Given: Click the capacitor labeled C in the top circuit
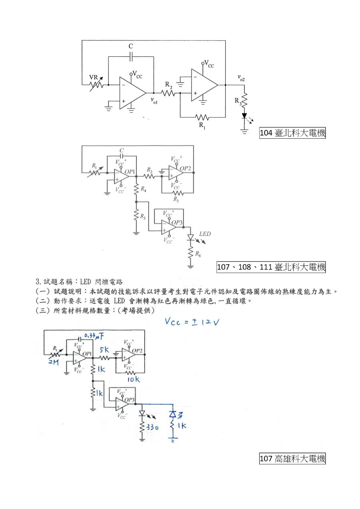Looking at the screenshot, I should point(131,57).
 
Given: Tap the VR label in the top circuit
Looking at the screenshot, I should point(93,77).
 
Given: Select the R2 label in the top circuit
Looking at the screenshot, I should point(169,85).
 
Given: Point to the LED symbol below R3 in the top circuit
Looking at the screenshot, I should point(244,116).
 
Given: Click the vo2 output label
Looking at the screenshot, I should point(241,78).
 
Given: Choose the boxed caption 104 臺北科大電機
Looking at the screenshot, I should point(292,133).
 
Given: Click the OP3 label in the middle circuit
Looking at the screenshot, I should point(172,222).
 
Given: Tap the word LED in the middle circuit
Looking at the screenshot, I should point(205,234).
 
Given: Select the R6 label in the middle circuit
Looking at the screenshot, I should point(198,254).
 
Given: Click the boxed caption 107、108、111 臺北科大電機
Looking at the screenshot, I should point(271,267).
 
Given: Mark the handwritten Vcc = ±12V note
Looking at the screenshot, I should point(192,322).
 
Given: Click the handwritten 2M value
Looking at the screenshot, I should point(54,362).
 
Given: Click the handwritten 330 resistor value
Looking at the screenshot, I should point(152,427).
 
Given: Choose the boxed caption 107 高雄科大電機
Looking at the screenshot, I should point(292,459).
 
